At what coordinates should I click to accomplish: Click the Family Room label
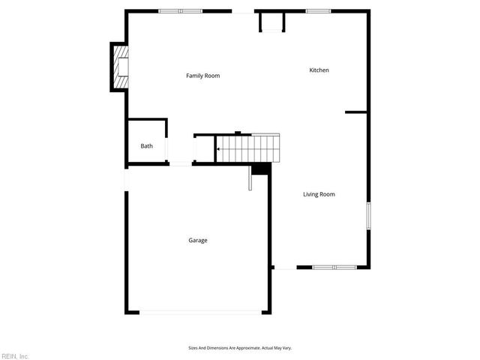(x=202, y=76)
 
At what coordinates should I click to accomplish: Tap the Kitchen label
(x=319, y=70)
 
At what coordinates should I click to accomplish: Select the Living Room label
(x=319, y=194)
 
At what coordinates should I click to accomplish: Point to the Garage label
(x=198, y=240)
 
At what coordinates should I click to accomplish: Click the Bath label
(x=146, y=145)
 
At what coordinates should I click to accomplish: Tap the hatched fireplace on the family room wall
(x=120, y=67)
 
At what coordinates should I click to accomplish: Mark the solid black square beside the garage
(x=260, y=169)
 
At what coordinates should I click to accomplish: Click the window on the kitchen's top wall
(x=318, y=11)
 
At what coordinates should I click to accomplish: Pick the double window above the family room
(x=180, y=11)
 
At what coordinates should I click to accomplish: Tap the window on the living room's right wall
(x=367, y=216)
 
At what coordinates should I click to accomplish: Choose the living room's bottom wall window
(x=334, y=267)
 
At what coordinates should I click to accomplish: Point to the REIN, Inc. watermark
(x=15, y=355)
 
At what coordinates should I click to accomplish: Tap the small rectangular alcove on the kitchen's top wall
(x=271, y=22)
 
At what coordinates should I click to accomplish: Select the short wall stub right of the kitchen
(x=355, y=112)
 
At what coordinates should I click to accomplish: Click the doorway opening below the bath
(x=180, y=163)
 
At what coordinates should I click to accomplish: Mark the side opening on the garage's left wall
(x=126, y=178)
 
